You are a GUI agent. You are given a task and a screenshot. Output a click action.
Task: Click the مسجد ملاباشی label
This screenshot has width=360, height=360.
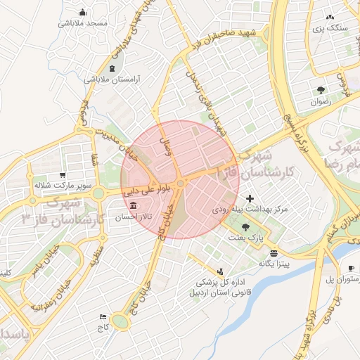(83, 23)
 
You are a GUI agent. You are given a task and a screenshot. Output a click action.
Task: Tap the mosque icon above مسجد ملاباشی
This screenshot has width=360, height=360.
(83, 12)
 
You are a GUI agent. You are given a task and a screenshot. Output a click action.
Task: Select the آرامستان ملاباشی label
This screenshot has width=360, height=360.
(113, 79)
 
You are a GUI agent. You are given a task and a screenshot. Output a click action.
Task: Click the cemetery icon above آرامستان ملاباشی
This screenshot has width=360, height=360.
(113, 68)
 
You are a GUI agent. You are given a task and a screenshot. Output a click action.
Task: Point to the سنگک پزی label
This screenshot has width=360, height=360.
(333, 28)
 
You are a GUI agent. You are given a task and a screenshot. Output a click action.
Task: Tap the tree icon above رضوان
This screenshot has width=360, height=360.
(321, 90)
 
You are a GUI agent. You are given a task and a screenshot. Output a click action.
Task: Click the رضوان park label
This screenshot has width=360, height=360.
(321, 102)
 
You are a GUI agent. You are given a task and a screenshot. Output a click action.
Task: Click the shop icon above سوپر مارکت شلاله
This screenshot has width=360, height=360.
(63, 175)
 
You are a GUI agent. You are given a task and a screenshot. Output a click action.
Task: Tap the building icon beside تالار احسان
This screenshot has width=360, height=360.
(134, 205)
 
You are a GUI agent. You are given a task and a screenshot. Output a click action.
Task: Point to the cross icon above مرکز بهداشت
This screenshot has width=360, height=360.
(250, 199)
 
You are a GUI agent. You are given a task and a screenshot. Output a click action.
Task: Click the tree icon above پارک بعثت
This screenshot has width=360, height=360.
(245, 226)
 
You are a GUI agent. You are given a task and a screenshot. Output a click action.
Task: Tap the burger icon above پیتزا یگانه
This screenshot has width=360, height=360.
(274, 252)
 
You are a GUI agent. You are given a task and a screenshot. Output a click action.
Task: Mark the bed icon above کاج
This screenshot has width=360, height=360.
(104, 317)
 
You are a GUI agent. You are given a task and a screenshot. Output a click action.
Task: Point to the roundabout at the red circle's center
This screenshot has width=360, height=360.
(181, 184)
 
